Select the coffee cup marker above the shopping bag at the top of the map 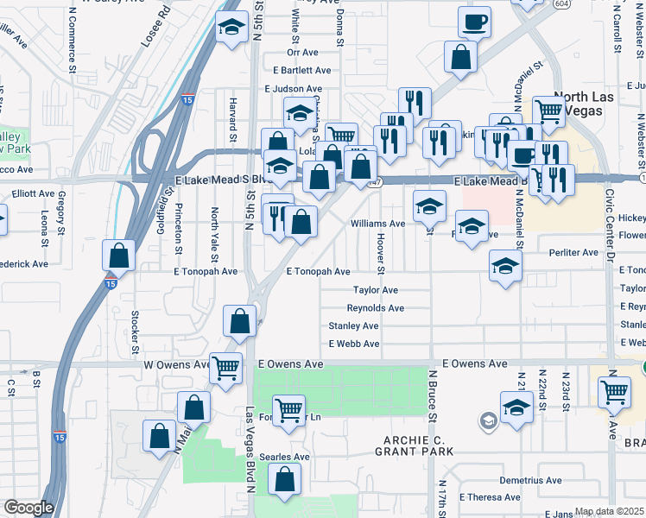[474, 22]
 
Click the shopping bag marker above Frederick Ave [118, 255]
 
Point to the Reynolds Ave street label [375, 308]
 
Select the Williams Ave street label [377, 224]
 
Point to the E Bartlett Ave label [301, 70]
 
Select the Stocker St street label [136, 332]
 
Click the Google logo [28, 508]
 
